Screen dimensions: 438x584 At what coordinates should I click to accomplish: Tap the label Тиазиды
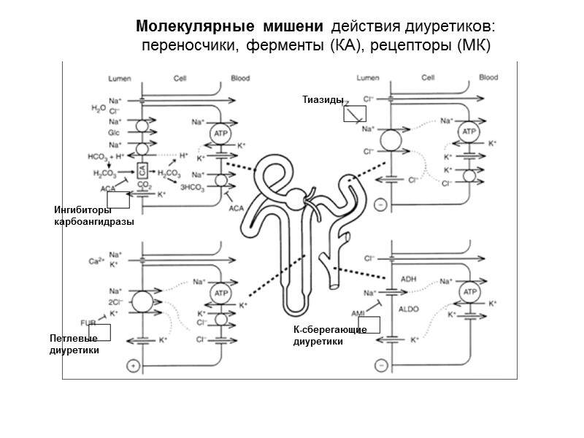(x=322, y=99)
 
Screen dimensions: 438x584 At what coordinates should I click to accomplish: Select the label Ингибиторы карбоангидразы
(x=93, y=216)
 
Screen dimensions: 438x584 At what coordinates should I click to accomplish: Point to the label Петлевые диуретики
(x=74, y=345)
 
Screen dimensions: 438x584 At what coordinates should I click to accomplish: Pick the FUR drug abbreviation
(x=88, y=321)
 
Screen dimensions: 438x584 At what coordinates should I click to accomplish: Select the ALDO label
(x=409, y=310)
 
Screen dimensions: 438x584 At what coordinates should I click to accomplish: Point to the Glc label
(x=114, y=134)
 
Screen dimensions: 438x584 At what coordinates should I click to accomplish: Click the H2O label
(x=99, y=108)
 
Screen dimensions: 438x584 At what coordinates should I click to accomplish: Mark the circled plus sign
(x=133, y=365)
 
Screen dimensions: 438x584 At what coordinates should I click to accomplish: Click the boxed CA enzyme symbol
(x=143, y=169)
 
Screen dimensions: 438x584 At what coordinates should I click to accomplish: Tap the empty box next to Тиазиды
(x=355, y=112)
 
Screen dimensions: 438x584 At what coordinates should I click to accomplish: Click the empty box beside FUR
(x=99, y=331)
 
